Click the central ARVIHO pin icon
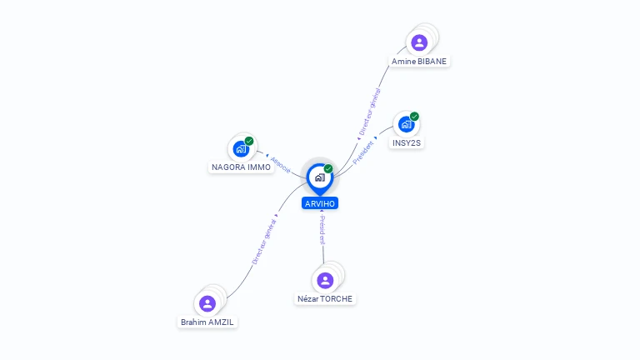click(319, 177)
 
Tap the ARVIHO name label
click(321, 203)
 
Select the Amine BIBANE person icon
click(419, 42)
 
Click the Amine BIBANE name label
click(420, 62)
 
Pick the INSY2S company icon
click(406, 125)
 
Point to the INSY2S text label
click(407, 143)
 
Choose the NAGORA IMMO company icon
click(241, 149)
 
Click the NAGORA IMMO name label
click(241, 167)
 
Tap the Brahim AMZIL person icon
click(207, 303)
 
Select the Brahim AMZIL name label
click(209, 322)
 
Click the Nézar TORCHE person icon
click(325, 280)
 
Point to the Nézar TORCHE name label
click(325, 298)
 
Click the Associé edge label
click(280, 163)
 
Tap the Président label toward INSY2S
click(363, 151)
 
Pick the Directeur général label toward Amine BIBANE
click(368, 113)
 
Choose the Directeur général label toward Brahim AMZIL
click(263, 241)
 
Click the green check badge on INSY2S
click(414, 117)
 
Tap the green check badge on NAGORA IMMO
click(249, 141)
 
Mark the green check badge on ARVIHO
click(328, 168)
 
